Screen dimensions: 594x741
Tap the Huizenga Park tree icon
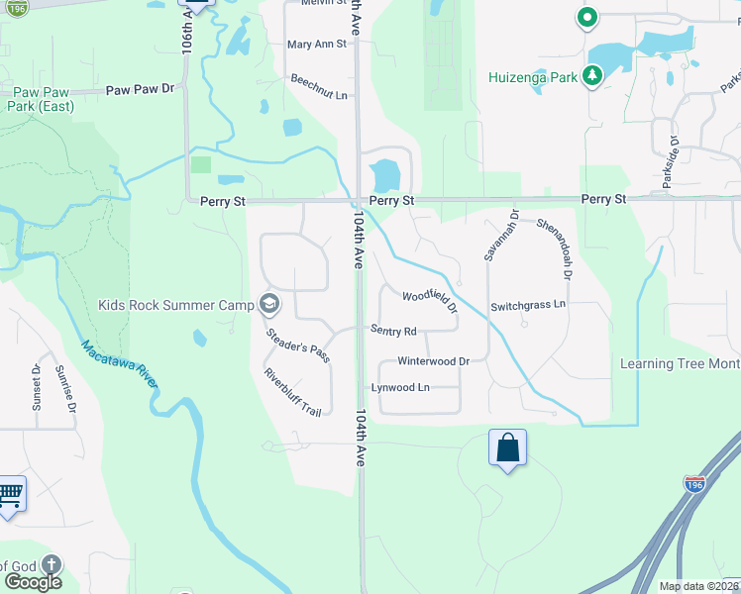pos(592,75)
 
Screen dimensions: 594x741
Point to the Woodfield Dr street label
pos(430,301)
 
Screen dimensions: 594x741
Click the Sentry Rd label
pos(393,331)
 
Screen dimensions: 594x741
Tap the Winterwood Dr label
pos(433,361)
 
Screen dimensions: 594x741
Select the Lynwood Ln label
pos(400,387)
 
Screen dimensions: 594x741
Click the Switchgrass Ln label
pos(527,304)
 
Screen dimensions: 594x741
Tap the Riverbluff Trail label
pos(293,392)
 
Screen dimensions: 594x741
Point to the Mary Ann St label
pos(317,45)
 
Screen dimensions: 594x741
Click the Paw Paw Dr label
pos(140,89)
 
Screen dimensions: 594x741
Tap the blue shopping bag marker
pos(507,447)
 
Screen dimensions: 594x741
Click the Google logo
pos(33,582)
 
